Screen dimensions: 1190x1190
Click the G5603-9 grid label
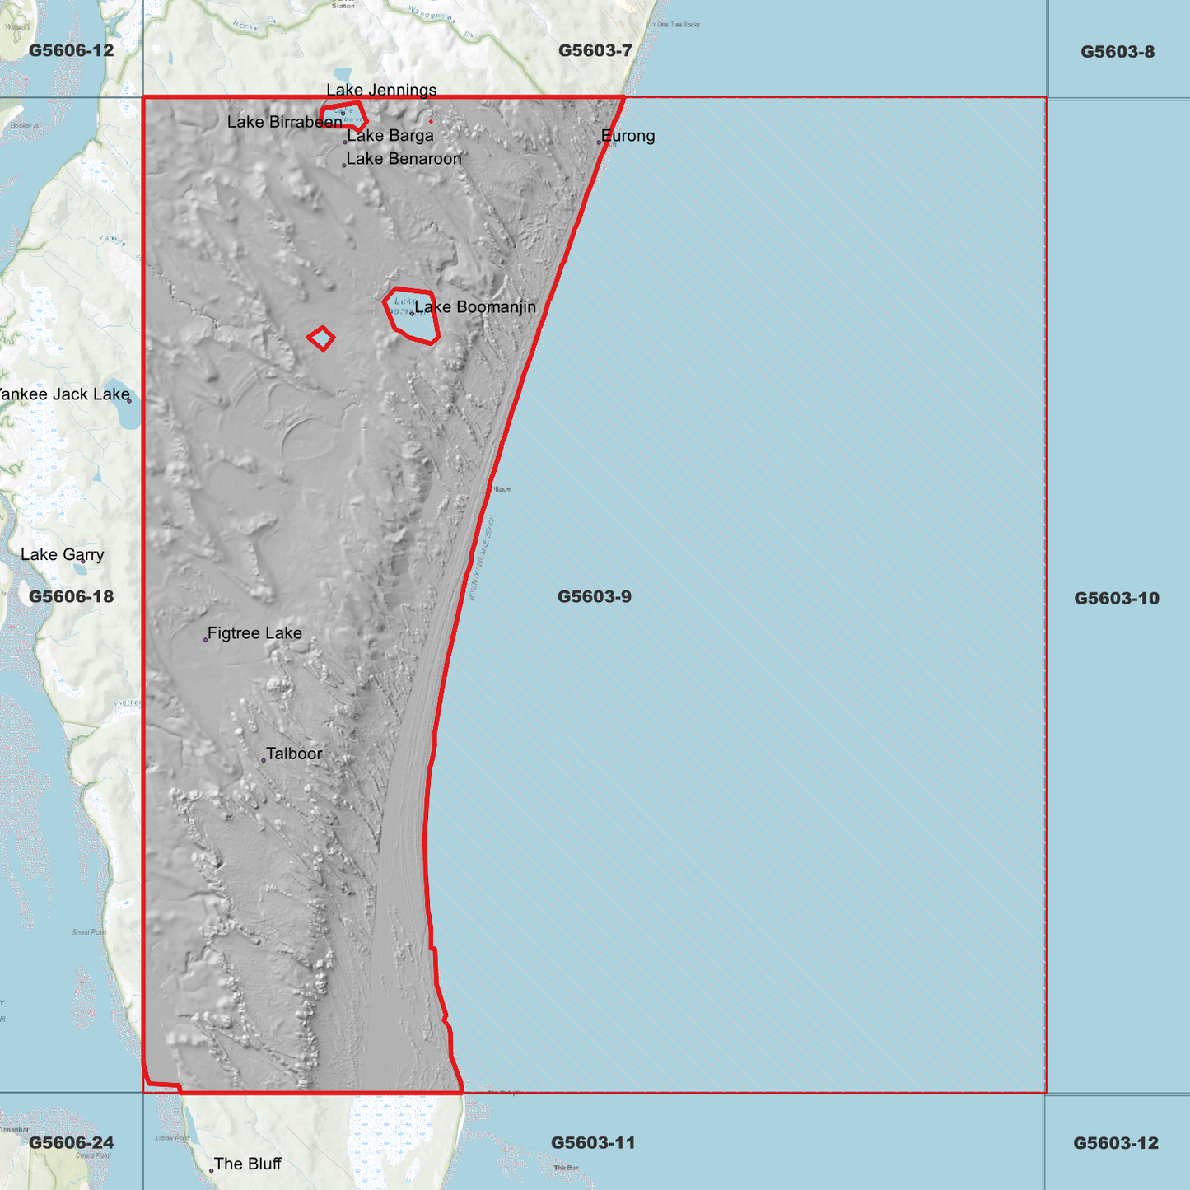(x=594, y=596)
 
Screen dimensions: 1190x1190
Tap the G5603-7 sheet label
(x=595, y=50)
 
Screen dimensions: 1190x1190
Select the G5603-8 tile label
(x=1117, y=52)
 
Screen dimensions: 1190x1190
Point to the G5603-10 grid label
(x=1116, y=598)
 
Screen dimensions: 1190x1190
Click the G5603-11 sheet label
(x=592, y=1142)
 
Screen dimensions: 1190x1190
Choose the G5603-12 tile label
(x=1115, y=1143)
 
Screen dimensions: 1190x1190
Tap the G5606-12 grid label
(x=71, y=50)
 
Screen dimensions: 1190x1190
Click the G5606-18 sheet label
(x=71, y=596)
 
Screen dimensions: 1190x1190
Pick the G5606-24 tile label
(x=71, y=1142)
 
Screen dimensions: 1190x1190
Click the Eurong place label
(x=628, y=136)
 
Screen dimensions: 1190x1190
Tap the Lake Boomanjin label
(x=474, y=307)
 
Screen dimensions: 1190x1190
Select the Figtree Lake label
(x=254, y=633)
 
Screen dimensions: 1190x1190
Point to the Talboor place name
(x=294, y=754)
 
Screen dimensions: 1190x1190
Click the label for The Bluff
(x=247, y=1164)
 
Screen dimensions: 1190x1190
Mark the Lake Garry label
(x=63, y=554)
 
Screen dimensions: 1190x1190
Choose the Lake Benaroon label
(x=404, y=159)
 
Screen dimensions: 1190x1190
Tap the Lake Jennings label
(x=381, y=90)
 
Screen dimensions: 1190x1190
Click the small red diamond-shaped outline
(x=321, y=338)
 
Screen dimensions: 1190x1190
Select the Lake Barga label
(x=390, y=136)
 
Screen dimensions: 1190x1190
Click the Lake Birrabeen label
(x=284, y=122)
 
